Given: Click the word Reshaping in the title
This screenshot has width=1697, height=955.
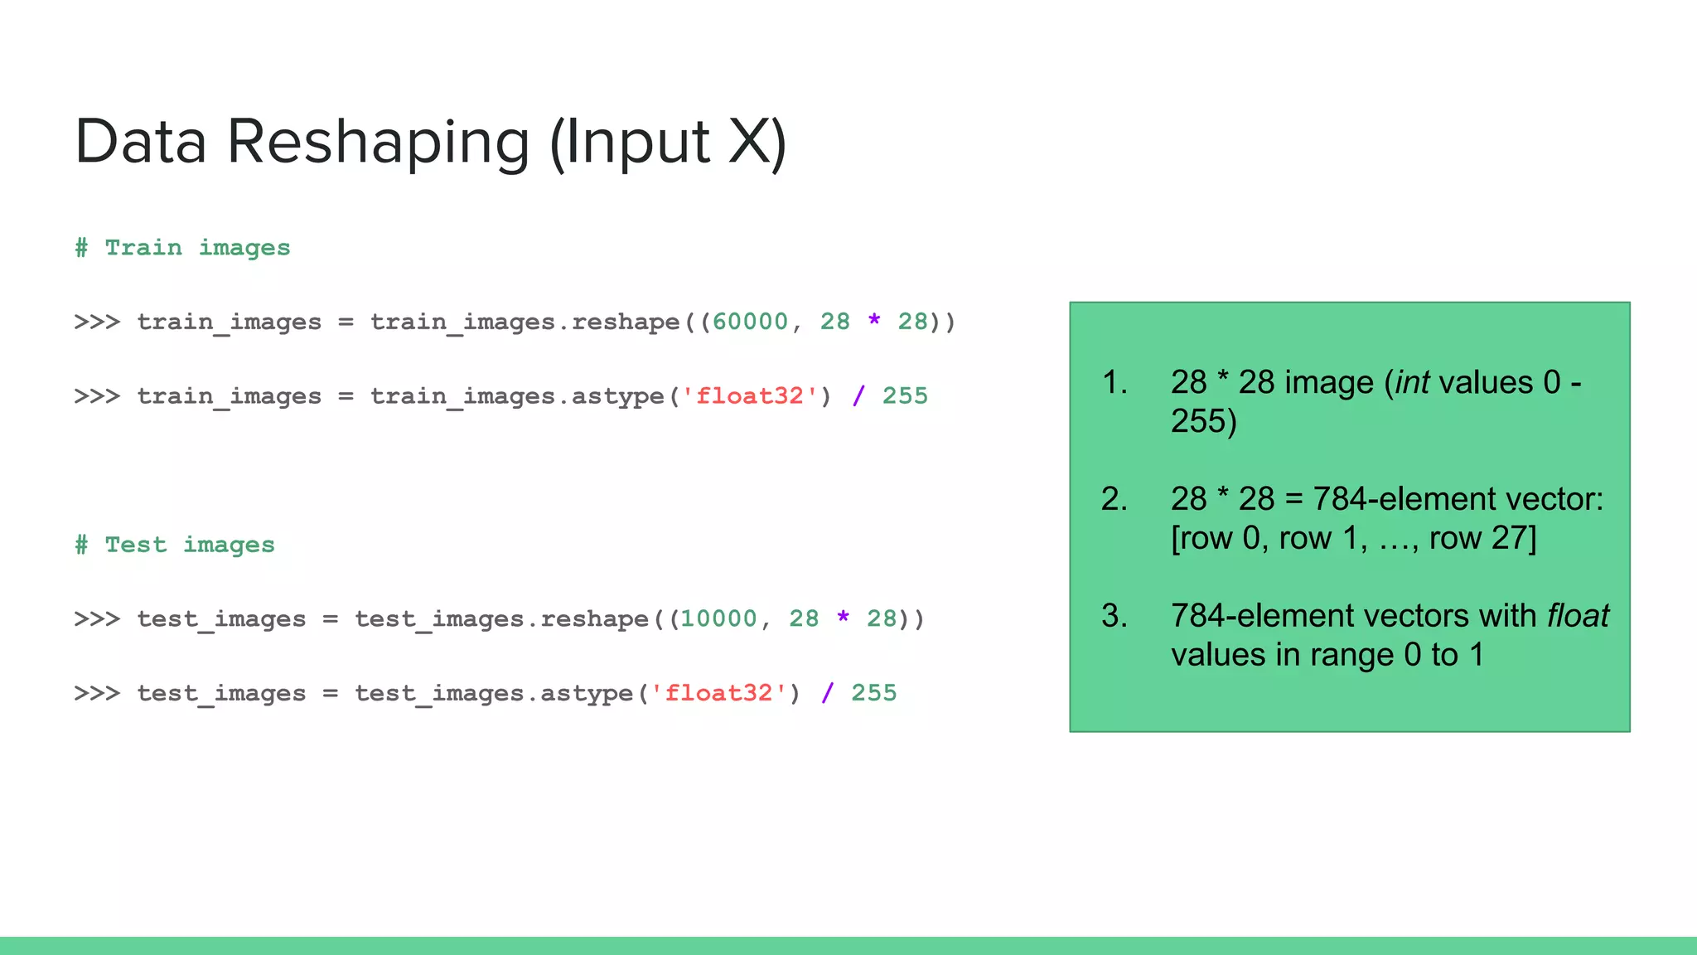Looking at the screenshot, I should coord(378,143).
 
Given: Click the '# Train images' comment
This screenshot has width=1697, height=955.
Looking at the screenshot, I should coord(182,248).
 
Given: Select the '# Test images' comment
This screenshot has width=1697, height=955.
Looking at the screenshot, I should coord(174,545).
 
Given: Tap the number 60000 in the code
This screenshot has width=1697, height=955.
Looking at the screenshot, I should coord(750,322).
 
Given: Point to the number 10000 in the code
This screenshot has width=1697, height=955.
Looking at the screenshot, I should coord(718,618).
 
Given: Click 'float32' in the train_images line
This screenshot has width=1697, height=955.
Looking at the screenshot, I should coord(750,396).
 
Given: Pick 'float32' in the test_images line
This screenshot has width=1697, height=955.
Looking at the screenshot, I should coord(718,693).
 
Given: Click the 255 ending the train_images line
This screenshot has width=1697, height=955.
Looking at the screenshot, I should coord(905,396).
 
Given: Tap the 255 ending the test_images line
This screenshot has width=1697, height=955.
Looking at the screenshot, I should coord(873,693).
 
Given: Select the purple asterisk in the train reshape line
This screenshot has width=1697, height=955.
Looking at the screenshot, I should coord(874,321).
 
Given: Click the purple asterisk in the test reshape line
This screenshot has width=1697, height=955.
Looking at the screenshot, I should coord(843,618).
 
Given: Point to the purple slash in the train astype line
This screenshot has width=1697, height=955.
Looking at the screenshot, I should coord(858,396).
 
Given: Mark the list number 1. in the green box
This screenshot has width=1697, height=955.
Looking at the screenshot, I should coord(1114,383).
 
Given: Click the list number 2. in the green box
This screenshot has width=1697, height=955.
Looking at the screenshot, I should coord(1114,499).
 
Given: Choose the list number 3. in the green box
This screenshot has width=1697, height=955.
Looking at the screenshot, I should coord(1114,616).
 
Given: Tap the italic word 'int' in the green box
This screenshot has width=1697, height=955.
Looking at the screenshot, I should coord(1412,383).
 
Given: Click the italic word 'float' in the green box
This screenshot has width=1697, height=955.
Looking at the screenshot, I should coord(1578,616).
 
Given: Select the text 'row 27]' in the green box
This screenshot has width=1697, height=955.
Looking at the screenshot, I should coord(1482,539).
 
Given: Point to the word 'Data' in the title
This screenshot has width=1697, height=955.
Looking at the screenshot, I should coord(141,143).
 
